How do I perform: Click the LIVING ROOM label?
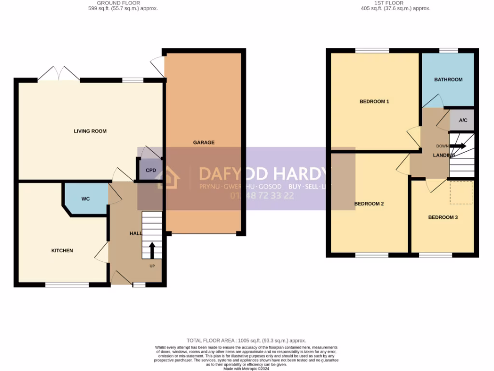coord(90,131)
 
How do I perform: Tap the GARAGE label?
coord(204,143)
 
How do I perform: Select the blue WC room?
coord(85,199)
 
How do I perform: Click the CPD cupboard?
coord(151,171)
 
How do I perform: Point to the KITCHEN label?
coord(62,250)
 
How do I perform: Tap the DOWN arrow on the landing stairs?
coord(458,145)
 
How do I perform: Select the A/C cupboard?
coord(463,121)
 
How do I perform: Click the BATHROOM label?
coord(448,80)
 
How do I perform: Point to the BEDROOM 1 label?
coord(374,101)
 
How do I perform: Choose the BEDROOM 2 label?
coord(369,204)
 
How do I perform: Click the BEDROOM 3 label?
coord(443,217)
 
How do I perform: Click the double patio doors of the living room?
coord(59,74)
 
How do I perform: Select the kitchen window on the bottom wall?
coord(68,285)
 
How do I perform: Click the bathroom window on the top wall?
coord(448,51)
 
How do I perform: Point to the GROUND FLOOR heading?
coord(118,3)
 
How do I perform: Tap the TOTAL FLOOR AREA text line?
coord(246,341)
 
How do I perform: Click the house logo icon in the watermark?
coord(167,177)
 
